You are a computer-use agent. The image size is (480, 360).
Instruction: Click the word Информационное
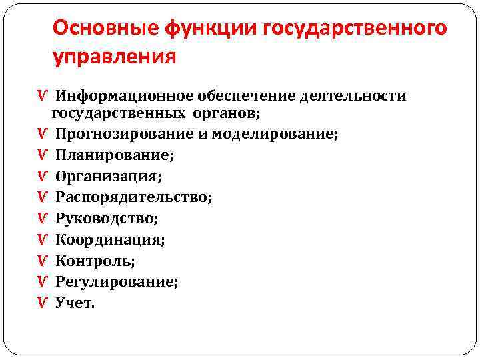(124, 96)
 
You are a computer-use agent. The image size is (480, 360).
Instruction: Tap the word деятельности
(353, 96)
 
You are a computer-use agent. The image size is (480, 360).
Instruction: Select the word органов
(222, 113)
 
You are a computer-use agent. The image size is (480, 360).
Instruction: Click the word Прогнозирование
(125, 134)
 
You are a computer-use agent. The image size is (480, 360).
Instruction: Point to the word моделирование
(274, 134)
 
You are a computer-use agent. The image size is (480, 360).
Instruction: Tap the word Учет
(75, 303)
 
